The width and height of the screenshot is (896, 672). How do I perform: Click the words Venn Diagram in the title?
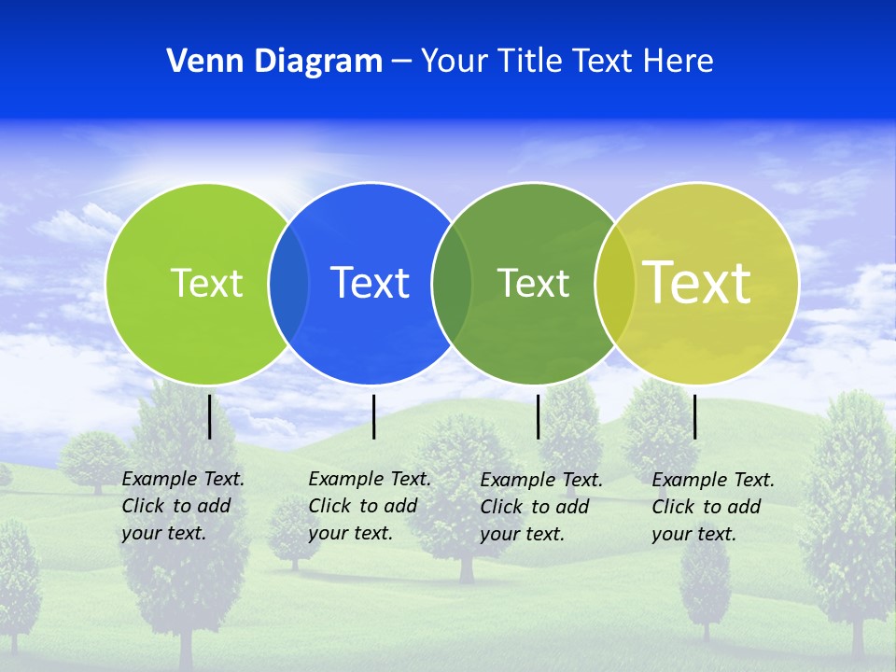click(274, 62)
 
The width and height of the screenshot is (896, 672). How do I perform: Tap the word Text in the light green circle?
click(206, 283)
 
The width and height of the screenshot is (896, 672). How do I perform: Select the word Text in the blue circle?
click(371, 283)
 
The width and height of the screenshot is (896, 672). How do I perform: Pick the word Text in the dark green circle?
click(533, 283)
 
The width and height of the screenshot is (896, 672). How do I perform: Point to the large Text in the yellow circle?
click(697, 282)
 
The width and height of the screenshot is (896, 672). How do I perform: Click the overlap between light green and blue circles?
click(288, 283)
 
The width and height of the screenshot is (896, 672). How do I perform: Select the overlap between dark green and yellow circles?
click(615, 283)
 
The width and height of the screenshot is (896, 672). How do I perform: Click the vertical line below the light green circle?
click(210, 416)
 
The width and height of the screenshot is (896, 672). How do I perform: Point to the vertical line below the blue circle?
click(373, 416)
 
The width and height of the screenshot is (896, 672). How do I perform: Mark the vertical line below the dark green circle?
click(539, 416)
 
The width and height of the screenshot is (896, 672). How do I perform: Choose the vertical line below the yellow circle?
click(695, 416)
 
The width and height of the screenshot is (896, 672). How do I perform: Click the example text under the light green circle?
click(183, 506)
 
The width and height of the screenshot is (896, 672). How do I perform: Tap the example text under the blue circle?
click(370, 506)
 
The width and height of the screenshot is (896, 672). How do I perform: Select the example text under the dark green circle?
click(541, 507)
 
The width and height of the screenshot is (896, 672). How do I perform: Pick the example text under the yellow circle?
click(713, 507)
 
